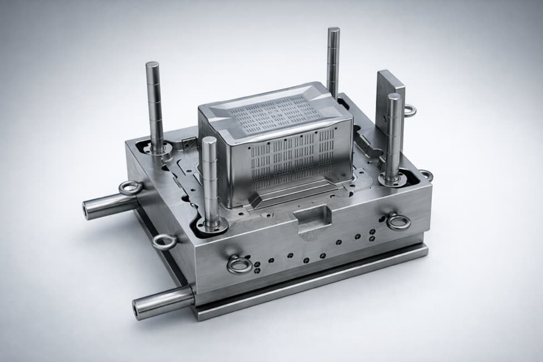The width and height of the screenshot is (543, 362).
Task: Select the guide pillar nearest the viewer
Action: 210,178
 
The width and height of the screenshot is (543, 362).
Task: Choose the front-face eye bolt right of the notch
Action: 398,222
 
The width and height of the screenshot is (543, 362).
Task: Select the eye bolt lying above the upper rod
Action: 130,188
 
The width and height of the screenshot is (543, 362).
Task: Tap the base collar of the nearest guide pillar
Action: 211,226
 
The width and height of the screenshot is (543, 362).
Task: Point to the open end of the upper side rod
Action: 87,211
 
